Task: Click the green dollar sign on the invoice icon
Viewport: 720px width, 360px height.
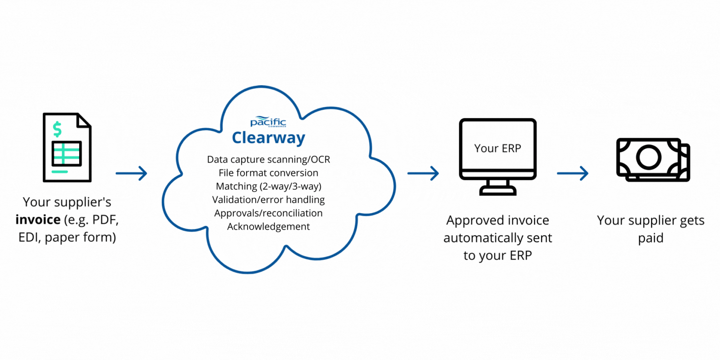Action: point(57,129)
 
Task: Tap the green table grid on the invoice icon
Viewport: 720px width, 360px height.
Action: point(66,154)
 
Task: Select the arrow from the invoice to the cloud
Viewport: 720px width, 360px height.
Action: point(131,173)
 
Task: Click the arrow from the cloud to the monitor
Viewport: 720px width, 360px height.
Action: point(423,173)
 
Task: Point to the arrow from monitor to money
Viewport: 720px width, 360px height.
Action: point(572,173)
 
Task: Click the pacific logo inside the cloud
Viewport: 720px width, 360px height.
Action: point(268,122)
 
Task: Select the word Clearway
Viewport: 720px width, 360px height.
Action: point(268,138)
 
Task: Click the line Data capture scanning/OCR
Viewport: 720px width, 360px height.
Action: point(268,159)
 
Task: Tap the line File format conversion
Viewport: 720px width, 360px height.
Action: point(268,173)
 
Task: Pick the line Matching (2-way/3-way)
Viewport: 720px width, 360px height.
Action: point(268,186)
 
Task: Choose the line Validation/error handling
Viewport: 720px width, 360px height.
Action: point(268,200)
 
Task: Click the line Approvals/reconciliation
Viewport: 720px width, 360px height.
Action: point(268,213)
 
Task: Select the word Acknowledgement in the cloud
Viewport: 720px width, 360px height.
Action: point(268,226)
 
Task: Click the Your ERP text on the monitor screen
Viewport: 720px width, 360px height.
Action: point(498,148)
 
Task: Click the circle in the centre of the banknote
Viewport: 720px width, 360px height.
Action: point(648,157)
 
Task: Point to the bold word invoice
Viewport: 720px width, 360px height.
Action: point(38,220)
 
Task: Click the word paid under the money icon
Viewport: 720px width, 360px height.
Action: point(650,238)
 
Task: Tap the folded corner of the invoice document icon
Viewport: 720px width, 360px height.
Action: point(84,120)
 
